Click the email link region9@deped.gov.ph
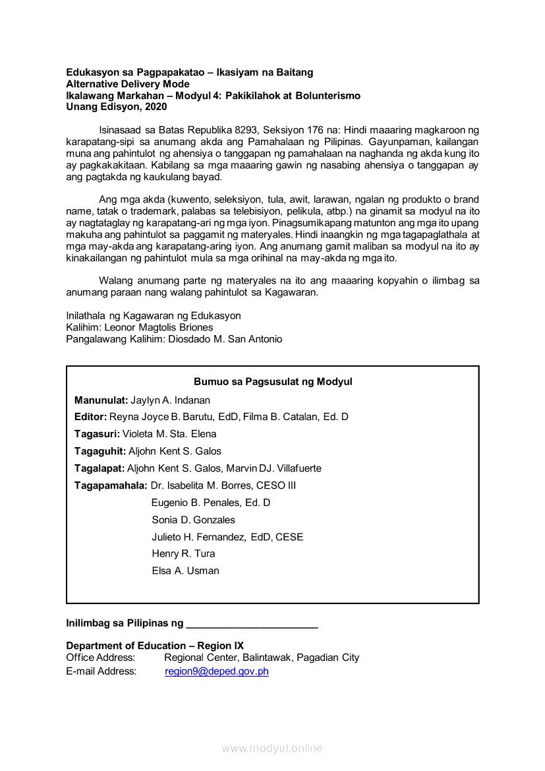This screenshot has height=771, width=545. (216, 671)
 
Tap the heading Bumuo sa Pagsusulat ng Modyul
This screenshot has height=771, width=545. (273, 382)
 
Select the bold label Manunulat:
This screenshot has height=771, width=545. (101, 400)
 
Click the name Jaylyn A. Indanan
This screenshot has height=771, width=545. (170, 400)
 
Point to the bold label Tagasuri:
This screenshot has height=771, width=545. (97, 434)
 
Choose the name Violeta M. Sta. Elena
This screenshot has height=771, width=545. (169, 434)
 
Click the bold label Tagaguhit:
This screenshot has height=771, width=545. (100, 451)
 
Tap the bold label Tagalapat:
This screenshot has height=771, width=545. (100, 468)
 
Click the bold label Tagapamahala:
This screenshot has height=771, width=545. (111, 485)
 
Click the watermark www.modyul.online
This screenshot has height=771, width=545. (272, 748)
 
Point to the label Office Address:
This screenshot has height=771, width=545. (100, 658)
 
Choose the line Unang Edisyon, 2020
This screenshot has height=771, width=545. (117, 107)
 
